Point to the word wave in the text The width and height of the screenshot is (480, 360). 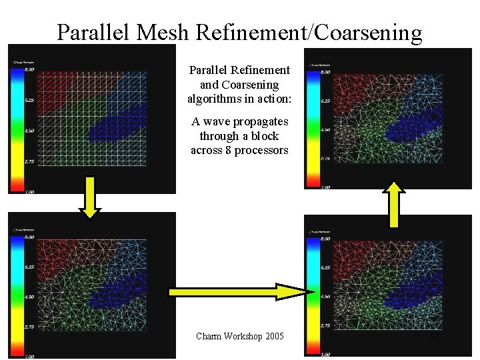[x=218, y=121]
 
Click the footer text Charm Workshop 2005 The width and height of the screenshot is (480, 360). [x=239, y=336]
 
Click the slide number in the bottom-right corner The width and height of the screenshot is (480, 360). [x=434, y=337]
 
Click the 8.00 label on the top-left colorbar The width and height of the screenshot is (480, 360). [x=29, y=69]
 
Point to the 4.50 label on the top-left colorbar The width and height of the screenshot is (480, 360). [x=29, y=131]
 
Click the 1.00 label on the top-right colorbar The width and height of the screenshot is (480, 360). [x=325, y=187]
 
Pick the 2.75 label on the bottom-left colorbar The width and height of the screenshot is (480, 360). [x=29, y=327]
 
